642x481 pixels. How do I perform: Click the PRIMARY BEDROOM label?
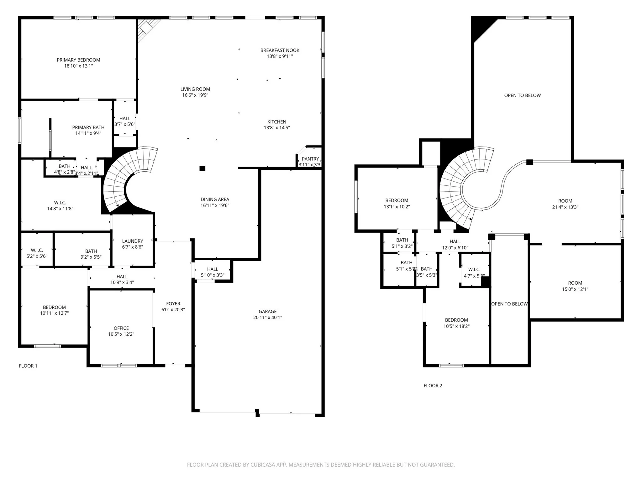(78, 60)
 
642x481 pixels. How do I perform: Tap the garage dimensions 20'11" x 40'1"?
(267, 318)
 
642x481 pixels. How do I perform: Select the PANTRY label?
(310, 159)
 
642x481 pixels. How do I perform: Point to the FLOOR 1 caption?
(28, 366)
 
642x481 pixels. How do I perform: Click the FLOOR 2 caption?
(433, 385)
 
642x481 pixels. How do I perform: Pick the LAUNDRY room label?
(132, 241)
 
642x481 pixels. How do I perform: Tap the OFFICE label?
(121, 328)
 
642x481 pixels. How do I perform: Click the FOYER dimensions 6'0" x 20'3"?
(173, 310)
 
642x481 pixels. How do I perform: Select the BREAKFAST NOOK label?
(280, 50)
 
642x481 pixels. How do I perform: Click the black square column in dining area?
(203, 168)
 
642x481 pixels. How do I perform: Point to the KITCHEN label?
(276, 122)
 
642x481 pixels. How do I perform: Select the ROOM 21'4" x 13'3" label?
(565, 201)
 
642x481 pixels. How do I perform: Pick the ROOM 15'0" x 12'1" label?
(575, 283)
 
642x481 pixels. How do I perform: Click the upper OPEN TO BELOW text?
(522, 96)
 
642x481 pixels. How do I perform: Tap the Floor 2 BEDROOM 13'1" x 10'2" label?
(397, 200)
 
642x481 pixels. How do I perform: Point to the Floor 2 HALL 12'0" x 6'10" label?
(455, 241)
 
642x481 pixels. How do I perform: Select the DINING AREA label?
(215, 199)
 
